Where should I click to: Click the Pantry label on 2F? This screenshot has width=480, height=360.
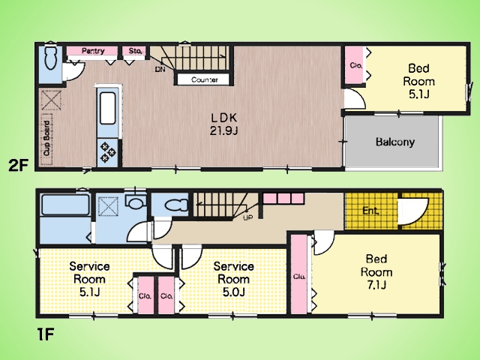click(x=93, y=51)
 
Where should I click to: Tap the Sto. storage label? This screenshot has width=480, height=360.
click(x=135, y=51)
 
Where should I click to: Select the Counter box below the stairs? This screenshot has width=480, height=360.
click(x=203, y=79)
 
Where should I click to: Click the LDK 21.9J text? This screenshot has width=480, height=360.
click(x=223, y=124)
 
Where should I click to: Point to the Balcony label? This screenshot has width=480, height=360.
click(x=395, y=142)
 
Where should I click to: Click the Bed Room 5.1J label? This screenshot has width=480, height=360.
click(x=418, y=81)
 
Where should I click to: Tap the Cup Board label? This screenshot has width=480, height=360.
click(x=46, y=139)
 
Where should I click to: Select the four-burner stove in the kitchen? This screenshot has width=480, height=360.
click(x=108, y=151)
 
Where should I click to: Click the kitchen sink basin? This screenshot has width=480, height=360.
click(x=108, y=108)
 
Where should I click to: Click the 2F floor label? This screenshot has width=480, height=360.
click(x=18, y=166)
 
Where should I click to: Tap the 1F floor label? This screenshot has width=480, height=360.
click(x=45, y=334)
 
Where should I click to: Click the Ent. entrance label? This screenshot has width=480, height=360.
click(x=370, y=211)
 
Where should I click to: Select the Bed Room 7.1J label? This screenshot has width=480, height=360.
click(x=376, y=271)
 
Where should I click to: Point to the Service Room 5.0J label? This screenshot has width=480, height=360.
click(x=233, y=279)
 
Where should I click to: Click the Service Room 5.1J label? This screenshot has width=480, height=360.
click(x=89, y=279)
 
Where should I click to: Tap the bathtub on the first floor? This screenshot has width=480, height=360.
click(x=65, y=205)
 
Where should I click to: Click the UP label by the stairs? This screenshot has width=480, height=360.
click(x=247, y=218)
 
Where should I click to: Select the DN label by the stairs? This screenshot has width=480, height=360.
click(x=160, y=70)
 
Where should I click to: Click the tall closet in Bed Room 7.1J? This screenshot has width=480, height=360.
click(x=298, y=274)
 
